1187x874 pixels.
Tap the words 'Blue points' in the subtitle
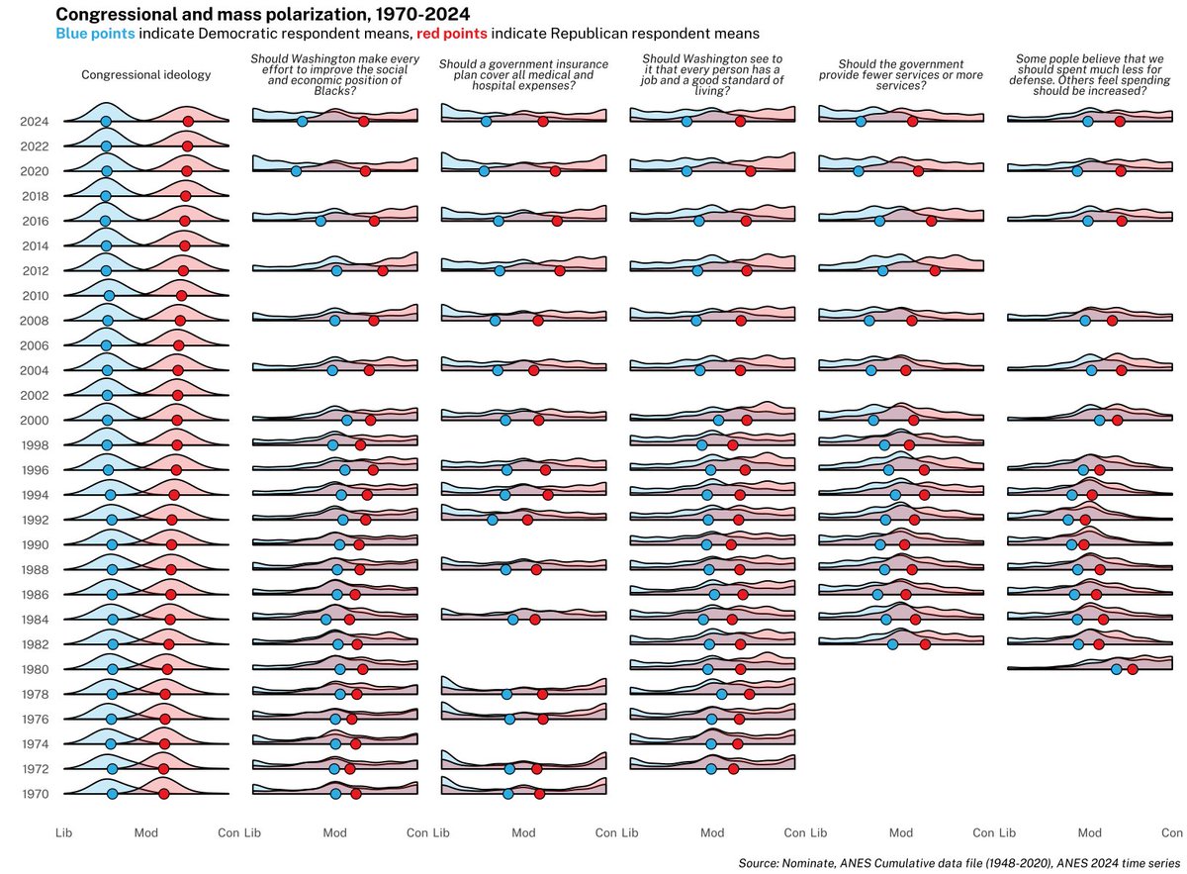point(96,34)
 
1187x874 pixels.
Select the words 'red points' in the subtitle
point(452,34)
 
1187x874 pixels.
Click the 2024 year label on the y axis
point(35,122)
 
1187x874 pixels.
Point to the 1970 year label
point(35,794)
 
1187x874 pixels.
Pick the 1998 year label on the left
point(35,445)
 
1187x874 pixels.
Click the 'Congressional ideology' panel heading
point(145,74)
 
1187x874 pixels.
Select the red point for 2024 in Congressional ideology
point(188,121)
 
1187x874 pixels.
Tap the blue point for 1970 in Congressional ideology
point(112,794)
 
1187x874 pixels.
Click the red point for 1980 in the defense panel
point(1133,669)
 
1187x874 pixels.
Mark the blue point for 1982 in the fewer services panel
point(892,644)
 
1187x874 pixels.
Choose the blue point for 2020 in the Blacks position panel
point(296,171)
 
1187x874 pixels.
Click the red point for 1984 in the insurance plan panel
point(535,620)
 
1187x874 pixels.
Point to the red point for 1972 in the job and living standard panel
point(733,768)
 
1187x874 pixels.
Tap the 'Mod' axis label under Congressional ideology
point(145,833)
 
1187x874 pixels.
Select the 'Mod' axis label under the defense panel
point(1089,833)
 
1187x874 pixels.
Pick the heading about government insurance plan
point(523,75)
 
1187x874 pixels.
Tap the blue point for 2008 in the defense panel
point(1085,321)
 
